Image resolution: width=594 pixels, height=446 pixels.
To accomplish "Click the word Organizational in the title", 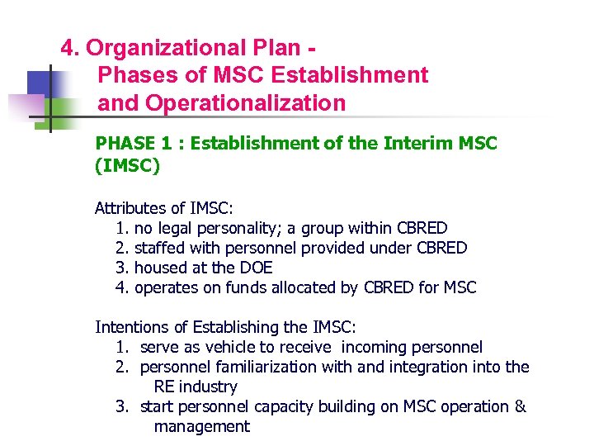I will [x=162, y=47].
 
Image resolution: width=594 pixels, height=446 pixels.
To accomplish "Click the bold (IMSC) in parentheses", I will [x=127, y=166].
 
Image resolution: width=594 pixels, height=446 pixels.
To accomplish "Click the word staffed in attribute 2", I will [x=161, y=248].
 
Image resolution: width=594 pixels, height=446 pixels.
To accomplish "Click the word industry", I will [x=207, y=387].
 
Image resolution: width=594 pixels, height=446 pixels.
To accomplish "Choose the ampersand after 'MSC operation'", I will [x=520, y=406].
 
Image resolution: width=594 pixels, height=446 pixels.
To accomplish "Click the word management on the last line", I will [x=201, y=426].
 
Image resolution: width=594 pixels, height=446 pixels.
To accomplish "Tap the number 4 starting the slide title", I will [x=67, y=47].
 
